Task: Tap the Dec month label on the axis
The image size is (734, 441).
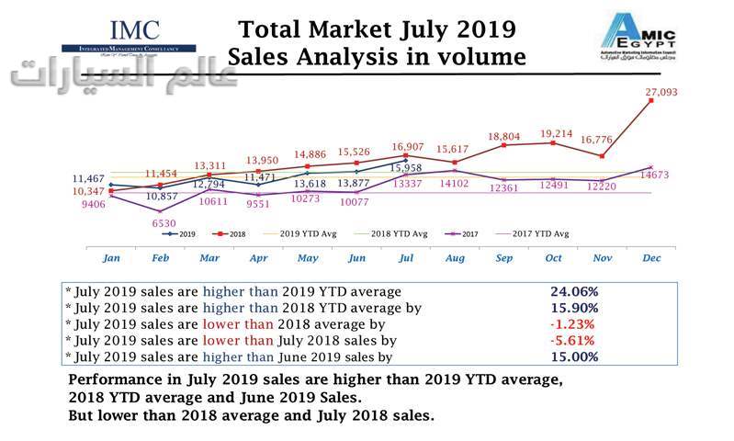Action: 651,258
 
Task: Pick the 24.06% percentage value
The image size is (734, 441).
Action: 573,291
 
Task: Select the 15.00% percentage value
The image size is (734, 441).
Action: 573,356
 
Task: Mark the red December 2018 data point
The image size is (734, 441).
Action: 651,101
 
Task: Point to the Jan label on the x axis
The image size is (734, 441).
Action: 110,258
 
